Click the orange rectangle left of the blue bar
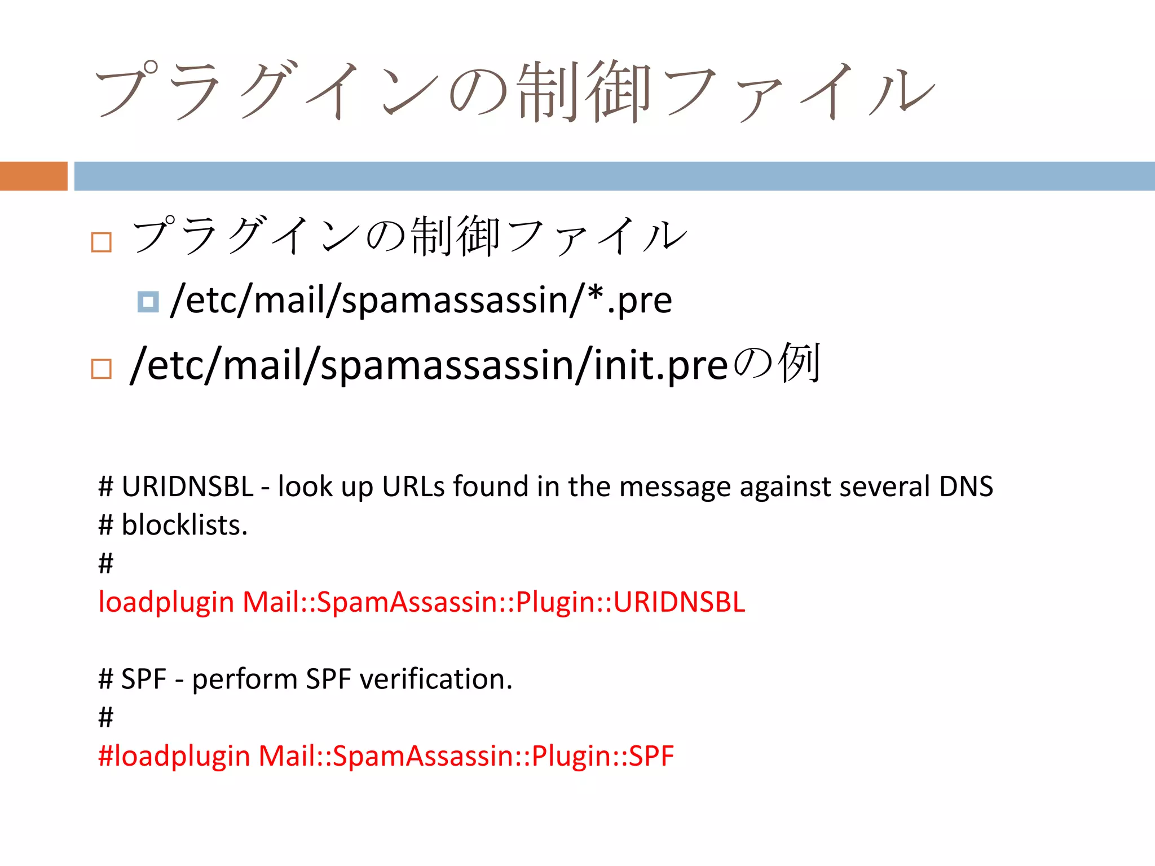33,176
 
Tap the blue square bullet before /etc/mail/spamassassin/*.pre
148,302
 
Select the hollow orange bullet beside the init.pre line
102,369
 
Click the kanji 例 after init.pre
799,364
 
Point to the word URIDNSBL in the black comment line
187,486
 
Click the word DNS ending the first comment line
966,486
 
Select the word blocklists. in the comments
184,525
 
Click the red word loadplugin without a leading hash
166,602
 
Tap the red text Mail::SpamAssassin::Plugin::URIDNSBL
493,602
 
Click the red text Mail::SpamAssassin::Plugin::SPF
466,756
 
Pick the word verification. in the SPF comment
436,679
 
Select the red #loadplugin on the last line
174,756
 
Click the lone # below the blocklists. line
105,563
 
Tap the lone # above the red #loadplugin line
105,717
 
